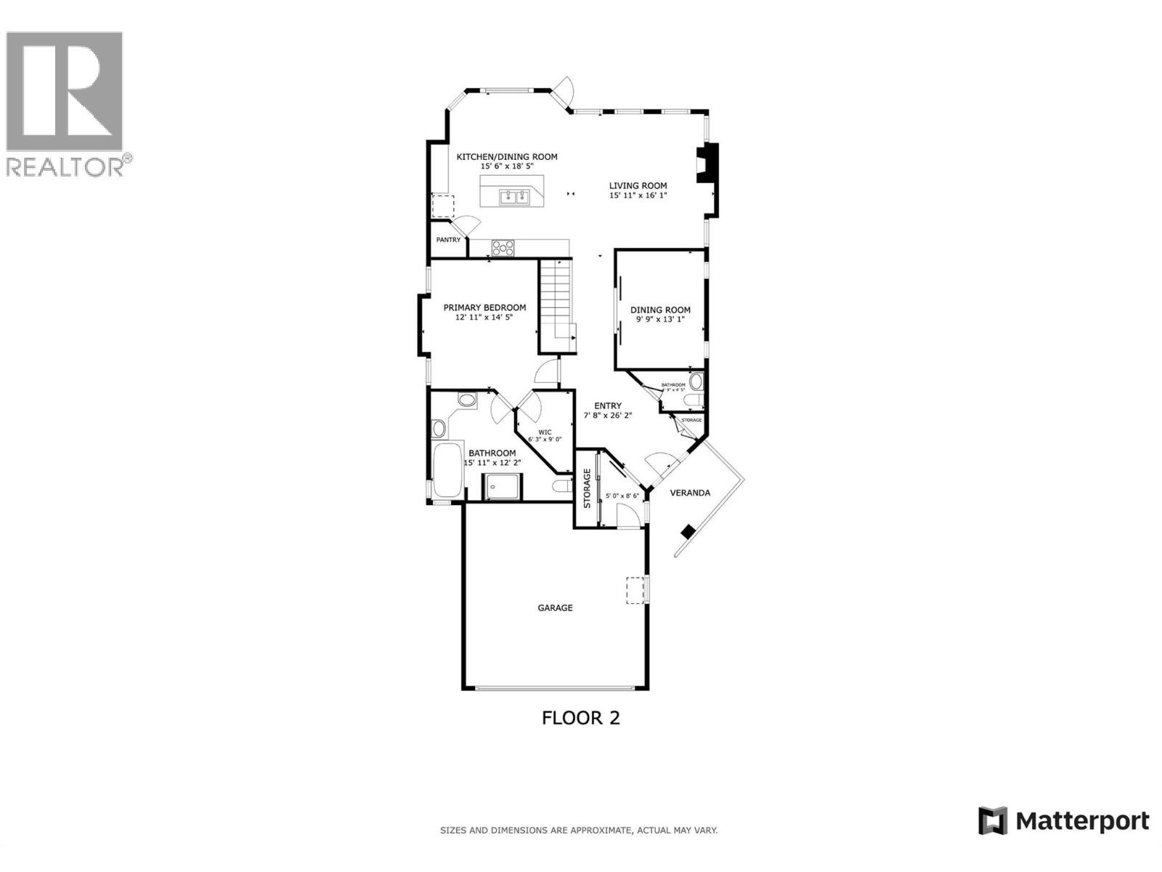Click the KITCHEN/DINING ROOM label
click(506, 156)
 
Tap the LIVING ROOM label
click(638, 185)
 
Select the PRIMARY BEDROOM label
click(484, 307)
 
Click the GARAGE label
click(555, 607)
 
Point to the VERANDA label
click(689, 493)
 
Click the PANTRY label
click(448, 240)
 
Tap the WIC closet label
click(545, 432)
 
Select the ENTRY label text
click(607, 406)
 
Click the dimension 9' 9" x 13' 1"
click(660, 319)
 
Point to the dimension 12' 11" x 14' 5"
click(484, 317)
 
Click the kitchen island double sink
click(514, 195)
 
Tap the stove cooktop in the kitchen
click(503, 248)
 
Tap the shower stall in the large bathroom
click(503, 486)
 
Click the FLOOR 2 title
click(580, 718)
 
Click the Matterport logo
click(1064, 821)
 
